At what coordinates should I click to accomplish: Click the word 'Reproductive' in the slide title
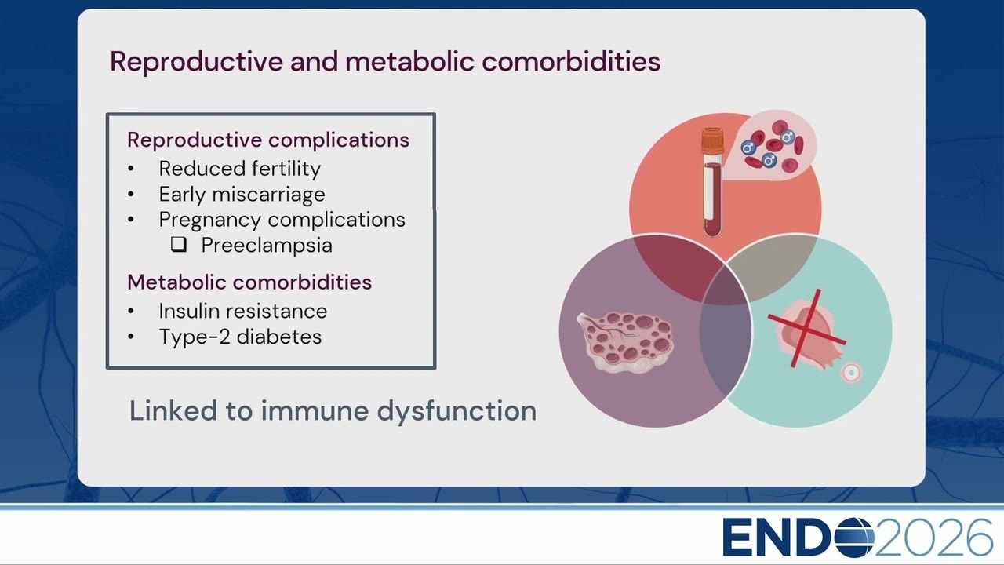[196, 62]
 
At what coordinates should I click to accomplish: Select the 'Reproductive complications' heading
[268, 140]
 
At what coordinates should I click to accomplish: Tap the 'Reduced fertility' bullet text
[240, 169]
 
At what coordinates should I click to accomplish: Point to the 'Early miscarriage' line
[242, 195]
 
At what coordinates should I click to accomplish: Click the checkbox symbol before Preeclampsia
[178, 244]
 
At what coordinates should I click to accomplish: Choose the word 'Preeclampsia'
[267, 246]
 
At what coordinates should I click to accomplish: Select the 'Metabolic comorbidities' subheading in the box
[249, 282]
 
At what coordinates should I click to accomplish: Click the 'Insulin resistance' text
[243, 312]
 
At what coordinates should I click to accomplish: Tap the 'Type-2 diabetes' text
[240, 337]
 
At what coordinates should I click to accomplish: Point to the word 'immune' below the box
[315, 410]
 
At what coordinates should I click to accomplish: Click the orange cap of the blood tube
[713, 140]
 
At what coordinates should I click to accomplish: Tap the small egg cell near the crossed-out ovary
[851, 372]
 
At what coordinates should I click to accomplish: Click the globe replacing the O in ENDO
[854, 538]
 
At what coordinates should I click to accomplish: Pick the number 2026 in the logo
[933, 538]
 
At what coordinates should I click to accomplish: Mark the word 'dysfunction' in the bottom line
[457, 412]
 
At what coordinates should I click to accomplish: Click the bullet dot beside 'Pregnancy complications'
[131, 220]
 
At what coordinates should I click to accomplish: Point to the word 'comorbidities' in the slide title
[571, 62]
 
